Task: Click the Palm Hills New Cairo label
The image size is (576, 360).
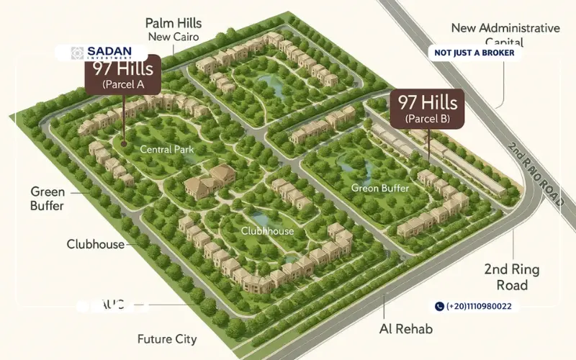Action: point(173,30)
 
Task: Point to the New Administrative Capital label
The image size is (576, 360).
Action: point(505,35)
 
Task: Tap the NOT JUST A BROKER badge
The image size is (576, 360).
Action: point(474,53)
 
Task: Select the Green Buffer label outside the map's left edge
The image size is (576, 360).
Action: point(48,199)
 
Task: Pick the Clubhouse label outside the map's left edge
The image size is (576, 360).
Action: point(96,244)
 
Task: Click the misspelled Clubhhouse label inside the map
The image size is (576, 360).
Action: point(267,231)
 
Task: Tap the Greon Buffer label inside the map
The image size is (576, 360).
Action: point(380,188)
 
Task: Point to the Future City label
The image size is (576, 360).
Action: point(167,338)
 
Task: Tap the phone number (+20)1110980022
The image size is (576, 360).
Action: point(479,306)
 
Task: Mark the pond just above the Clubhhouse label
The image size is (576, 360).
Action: point(261,217)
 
